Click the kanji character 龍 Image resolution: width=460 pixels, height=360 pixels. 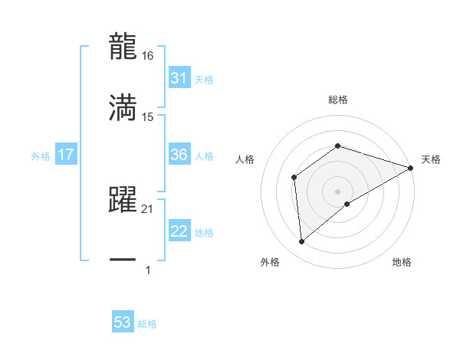tap(123, 46)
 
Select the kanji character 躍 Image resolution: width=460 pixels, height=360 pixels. tap(123, 199)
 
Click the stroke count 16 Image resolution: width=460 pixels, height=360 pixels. tap(147, 56)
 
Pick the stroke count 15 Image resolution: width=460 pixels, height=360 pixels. tap(147, 117)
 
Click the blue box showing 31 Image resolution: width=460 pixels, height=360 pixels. tap(179, 78)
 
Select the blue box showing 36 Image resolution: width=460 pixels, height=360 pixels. tap(179, 155)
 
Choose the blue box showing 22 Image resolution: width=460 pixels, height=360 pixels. tap(179, 231)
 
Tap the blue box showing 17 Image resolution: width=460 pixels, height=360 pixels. tap(66, 155)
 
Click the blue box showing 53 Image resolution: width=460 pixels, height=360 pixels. tap(123, 322)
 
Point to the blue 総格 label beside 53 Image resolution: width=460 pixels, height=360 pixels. tap(147, 324)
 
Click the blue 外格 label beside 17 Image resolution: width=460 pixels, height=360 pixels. tap(41, 155)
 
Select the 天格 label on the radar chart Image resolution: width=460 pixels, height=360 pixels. tap(431, 159)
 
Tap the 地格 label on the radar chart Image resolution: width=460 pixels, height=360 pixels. tap(402, 263)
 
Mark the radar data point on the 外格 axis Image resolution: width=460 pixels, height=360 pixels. tap(302, 242)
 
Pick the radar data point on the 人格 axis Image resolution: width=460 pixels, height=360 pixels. tap(294, 178)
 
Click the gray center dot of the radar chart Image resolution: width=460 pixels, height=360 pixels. tap(337, 191)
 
